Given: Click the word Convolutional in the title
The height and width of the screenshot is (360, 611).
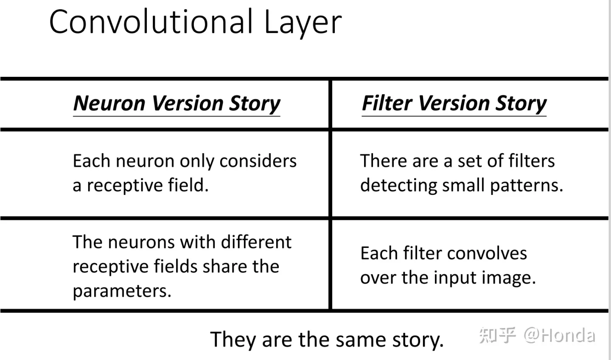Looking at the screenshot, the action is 151,22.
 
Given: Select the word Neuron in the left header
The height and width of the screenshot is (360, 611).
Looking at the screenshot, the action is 109,103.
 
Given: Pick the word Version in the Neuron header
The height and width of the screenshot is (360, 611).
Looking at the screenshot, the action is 187,103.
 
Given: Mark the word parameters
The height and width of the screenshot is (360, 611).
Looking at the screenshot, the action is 122,291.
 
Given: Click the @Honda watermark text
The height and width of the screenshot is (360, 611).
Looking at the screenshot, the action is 559,335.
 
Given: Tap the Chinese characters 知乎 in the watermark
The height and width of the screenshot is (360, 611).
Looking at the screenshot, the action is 497,335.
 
